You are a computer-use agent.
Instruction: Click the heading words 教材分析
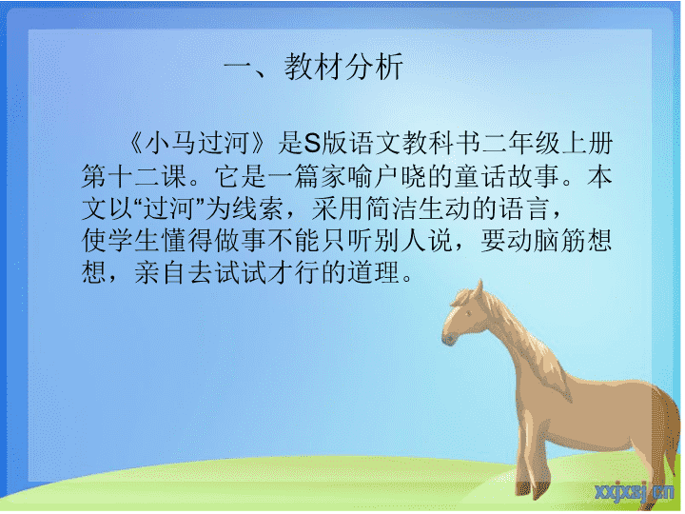343,67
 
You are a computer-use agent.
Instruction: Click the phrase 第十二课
134,176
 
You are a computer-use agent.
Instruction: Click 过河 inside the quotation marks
168,208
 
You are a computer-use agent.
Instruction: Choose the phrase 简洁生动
419,208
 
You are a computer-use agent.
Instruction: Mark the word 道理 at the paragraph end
374,273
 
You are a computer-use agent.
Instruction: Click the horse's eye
468,313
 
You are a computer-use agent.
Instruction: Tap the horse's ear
479,289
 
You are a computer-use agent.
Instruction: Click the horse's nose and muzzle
449,337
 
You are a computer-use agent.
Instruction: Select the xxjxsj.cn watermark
635,492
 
